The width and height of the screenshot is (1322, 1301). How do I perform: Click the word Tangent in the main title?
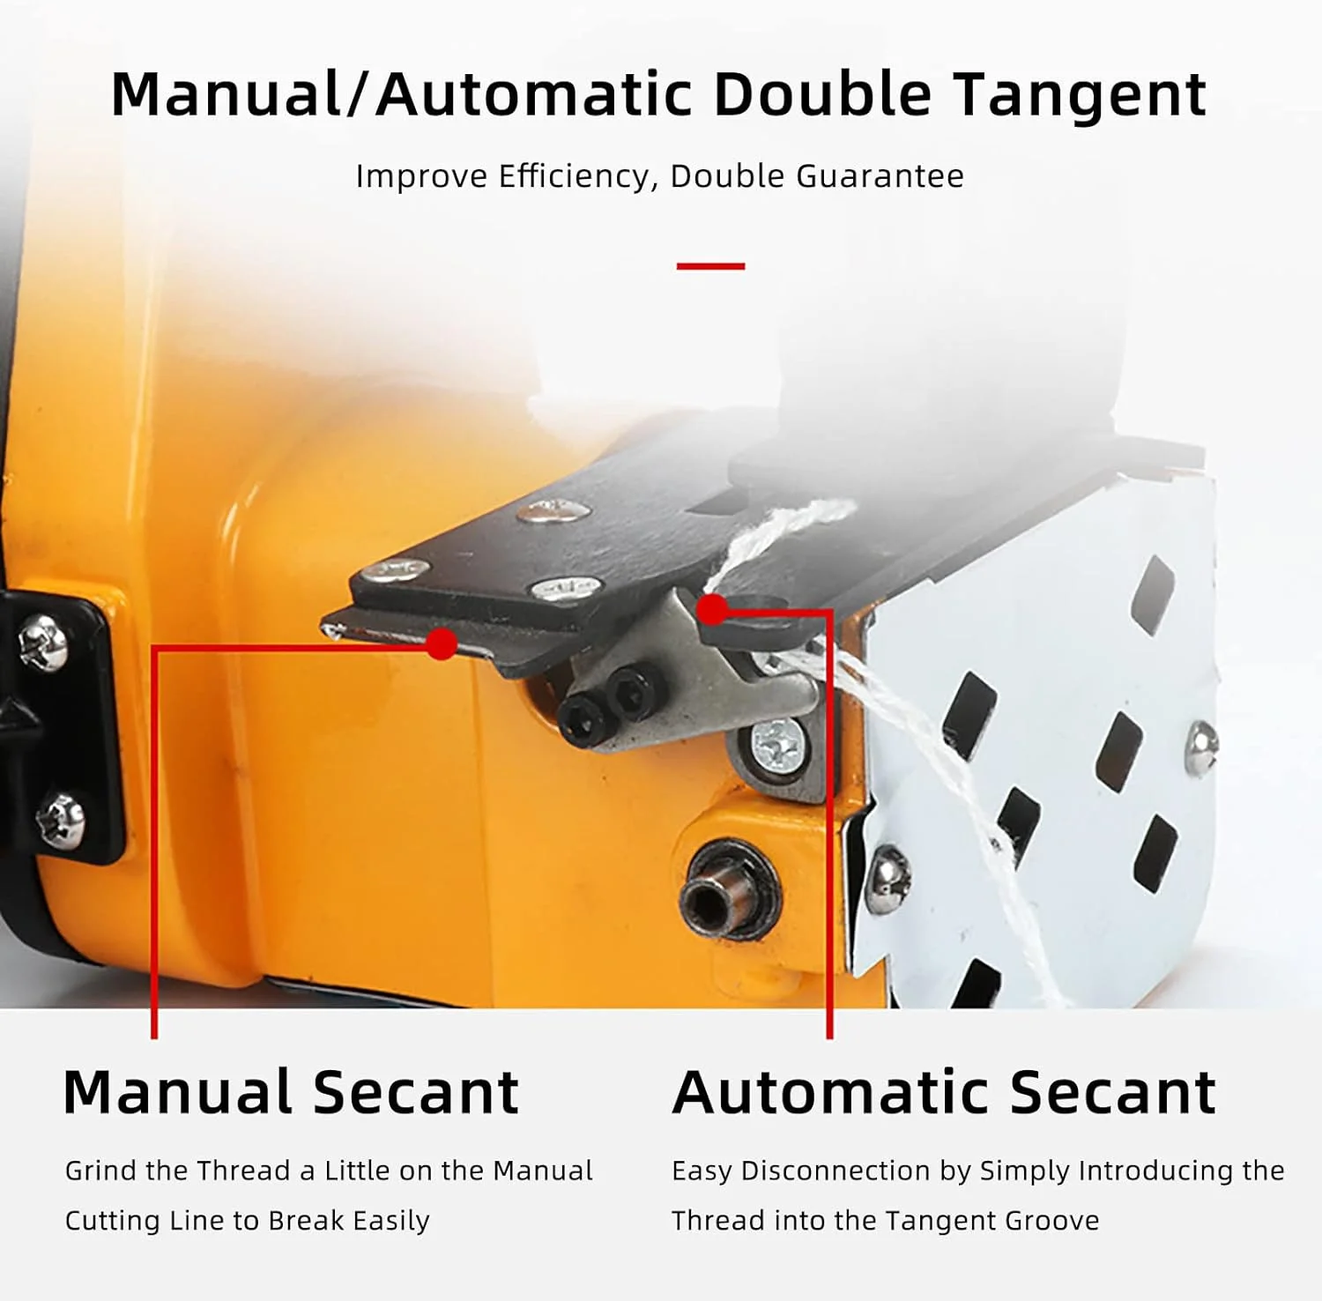[1081, 95]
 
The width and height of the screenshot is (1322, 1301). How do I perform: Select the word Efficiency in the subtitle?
[577, 176]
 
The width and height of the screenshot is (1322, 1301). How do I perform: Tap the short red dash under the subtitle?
[710, 265]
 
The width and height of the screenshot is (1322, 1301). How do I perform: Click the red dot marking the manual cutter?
[442, 643]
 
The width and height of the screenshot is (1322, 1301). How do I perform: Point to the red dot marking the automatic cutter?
[712, 609]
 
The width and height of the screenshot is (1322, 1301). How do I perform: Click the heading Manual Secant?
[292, 1093]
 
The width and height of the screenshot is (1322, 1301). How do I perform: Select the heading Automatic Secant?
[944, 1093]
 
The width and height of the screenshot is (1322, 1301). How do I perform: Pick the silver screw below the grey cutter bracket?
[777, 744]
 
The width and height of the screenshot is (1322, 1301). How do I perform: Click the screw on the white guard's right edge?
[1200, 747]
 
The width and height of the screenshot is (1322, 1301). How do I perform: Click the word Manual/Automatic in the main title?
[402, 94]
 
